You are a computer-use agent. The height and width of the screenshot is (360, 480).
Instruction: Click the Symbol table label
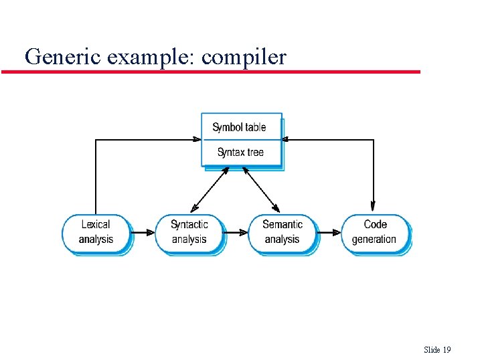pos(239,127)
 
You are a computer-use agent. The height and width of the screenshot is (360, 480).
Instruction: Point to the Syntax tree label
pos(240,153)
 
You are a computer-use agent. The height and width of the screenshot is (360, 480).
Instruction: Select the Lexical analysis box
pos(96,232)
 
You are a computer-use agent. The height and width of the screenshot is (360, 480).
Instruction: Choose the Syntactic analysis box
pos(189,232)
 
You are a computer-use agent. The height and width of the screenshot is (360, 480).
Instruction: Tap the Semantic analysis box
pos(282,232)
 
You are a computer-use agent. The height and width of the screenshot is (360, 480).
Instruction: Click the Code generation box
pos(374,232)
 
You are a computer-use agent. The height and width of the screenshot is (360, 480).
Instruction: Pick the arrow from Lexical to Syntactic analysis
pos(143,233)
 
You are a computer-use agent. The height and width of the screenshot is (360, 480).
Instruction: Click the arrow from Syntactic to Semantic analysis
pos(236,233)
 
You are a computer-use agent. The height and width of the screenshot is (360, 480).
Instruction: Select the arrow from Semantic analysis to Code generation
pos(329,233)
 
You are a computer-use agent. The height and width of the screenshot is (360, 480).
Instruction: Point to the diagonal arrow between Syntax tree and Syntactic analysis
pos(210,189)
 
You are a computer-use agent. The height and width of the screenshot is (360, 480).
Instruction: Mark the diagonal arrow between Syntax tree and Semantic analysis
pos(261,189)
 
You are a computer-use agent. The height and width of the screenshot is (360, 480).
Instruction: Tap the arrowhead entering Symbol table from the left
pos(197,140)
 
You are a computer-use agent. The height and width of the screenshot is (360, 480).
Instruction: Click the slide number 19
pos(447,350)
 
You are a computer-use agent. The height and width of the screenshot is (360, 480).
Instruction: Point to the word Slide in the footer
pos(432,350)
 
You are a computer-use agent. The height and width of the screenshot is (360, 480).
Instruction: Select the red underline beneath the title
pos(211,72)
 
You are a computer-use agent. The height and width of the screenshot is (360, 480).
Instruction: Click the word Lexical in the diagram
pos(96,225)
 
